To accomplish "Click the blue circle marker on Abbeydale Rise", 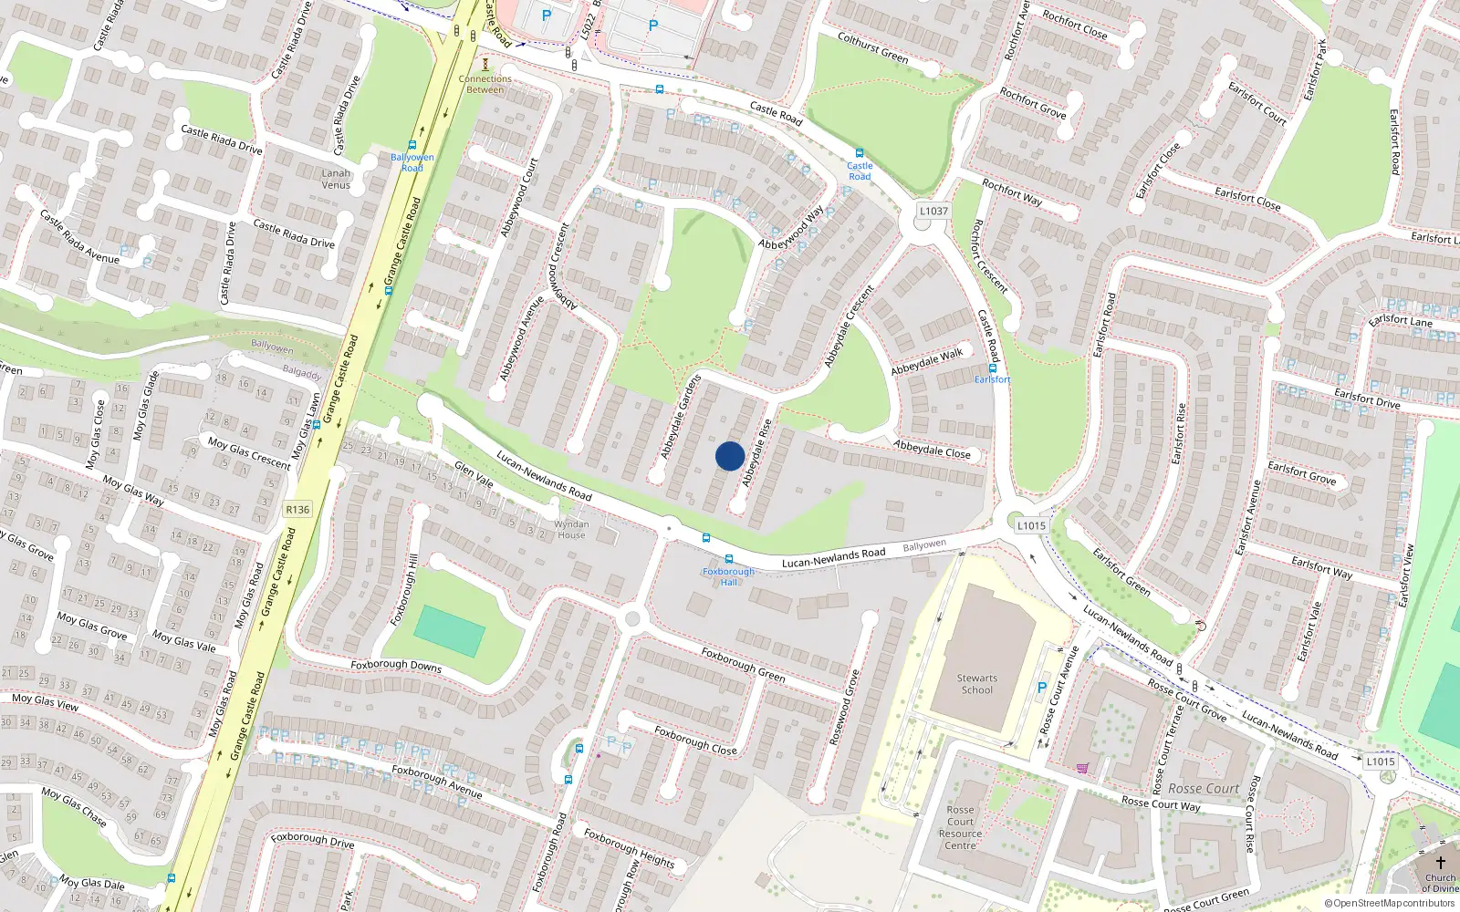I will [730, 456].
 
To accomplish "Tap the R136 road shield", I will [297, 510].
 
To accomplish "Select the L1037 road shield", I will [933, 211].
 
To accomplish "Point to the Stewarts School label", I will [977, 684].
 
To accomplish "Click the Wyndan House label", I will [571, 530].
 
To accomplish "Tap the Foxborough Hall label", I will [728, 576].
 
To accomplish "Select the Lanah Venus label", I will [336, 179].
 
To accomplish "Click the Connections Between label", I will [485, 84].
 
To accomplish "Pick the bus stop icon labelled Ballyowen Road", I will [412, 145].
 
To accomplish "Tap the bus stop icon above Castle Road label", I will [859, 153].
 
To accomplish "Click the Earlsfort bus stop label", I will [992, 379].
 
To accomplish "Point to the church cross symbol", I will [1441, 862].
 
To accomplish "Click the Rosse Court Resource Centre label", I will [960, 827].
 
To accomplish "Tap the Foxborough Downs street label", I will [396, 666].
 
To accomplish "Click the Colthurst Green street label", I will [873, 48].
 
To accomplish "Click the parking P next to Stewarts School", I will [1042, 689].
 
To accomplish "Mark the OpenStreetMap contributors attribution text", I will [1389, 903].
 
